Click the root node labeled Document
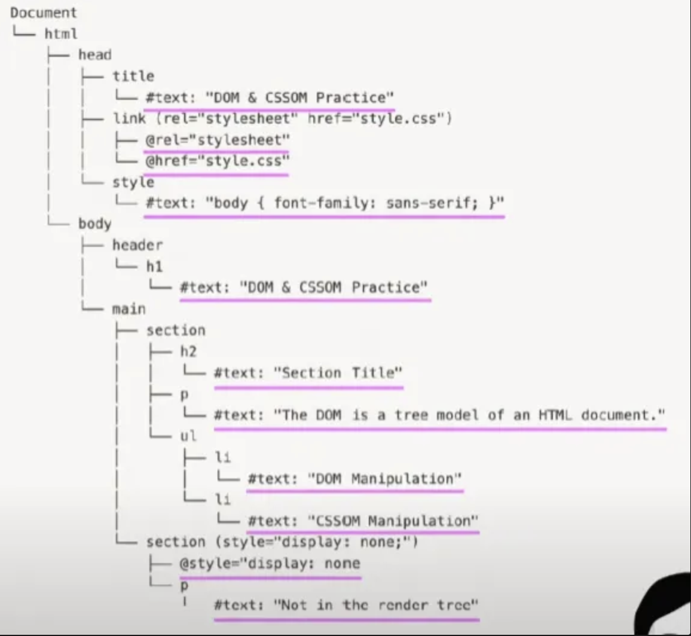pos(43,12)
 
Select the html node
pos(61,33)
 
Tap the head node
pos(94,54)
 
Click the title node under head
pos(133,76)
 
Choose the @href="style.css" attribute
pos(216,160)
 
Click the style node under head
pos(133,182)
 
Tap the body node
pos(94,224)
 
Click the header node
pos(137,245)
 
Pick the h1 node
pos(154,267)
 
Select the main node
pos(129,309)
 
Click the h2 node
pos(188,351)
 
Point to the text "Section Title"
pos(338,373)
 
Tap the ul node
pos(188,436)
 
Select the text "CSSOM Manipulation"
pos(393,521)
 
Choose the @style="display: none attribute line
pos(270,563)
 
